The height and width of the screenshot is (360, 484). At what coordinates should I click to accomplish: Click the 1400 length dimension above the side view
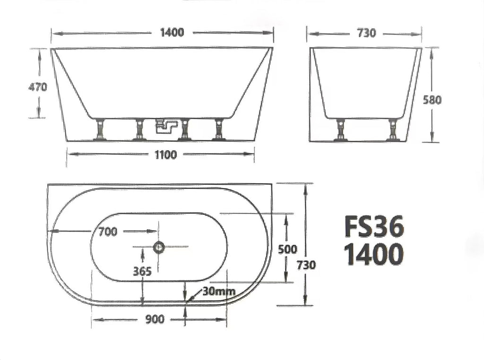tap(172, 32)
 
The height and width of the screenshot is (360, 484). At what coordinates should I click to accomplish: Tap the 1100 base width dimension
tap(166, 154)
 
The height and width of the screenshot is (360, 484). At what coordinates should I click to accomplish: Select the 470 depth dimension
tap(38, 87)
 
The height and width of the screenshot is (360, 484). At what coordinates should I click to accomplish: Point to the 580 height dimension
tap(432, 100)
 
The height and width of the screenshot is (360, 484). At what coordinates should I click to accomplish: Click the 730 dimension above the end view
tap(366, 33)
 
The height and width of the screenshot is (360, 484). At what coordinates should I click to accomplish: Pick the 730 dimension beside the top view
tap(306, 265)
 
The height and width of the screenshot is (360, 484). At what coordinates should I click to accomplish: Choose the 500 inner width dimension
tap(287, 249)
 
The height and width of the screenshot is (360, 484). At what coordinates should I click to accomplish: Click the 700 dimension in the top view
tap(108, 231)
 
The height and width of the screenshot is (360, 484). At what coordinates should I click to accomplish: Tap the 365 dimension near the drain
tap(142, 271)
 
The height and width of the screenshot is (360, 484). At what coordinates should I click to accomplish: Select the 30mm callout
tap(219, 291)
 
